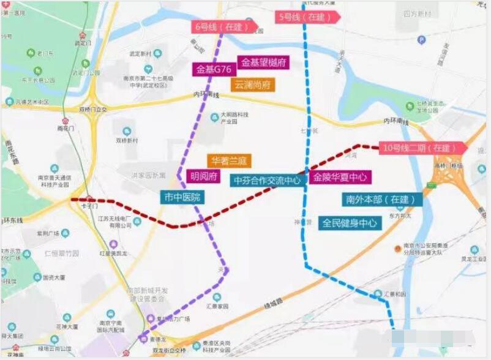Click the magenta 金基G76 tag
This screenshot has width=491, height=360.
[x=214, y=69]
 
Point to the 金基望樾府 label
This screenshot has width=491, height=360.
[x=264, y=62]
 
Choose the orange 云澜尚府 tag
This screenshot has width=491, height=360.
[x=253, y=85]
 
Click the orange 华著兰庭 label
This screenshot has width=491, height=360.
[x=228, y=161]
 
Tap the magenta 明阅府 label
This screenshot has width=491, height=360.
[x=203, y=177]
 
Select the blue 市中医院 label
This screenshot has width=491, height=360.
[x=182, y=197]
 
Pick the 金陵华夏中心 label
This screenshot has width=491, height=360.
[x=340, y=178]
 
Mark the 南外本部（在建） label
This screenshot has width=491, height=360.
[x=381, y=200]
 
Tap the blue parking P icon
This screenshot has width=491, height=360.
[x=421, y=40]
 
